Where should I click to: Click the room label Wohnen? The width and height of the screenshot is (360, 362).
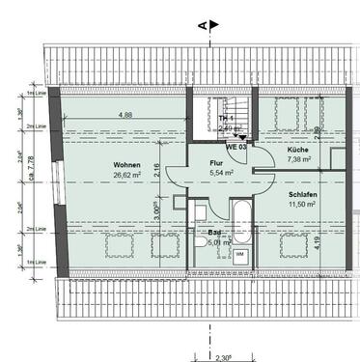pos(125,164)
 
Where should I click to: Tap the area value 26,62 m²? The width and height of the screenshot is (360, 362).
pos(125,176)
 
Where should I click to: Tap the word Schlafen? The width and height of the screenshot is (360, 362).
pos(301,193)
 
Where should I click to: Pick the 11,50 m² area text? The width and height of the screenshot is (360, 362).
pos(301,205)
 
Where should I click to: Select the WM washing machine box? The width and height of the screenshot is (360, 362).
pos(239,253)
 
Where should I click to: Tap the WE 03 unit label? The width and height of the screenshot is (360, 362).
pos(235,148)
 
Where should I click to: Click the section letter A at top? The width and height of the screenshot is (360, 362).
pos(201,27)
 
